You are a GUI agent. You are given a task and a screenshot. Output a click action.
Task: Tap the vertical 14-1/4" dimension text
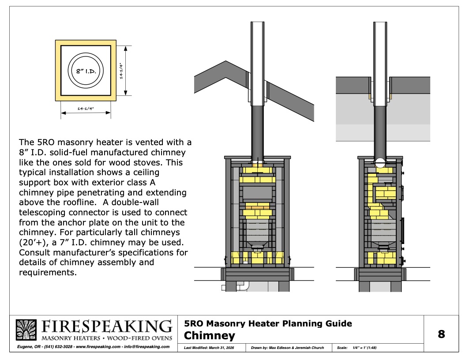pos(121,70)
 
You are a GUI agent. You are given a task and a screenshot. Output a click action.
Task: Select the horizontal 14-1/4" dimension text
pos(86,108)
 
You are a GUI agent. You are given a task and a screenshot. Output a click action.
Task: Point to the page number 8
pos(441,334)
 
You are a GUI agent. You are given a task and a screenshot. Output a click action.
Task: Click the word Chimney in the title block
pos(209,336)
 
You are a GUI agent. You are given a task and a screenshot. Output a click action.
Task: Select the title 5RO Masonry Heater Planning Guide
pos(268,324)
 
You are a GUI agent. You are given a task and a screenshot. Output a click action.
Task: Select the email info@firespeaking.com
pos(148,347)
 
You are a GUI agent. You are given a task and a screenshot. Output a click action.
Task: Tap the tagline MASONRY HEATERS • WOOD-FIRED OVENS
pos(106,338)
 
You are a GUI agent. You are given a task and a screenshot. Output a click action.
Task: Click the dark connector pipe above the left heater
pos(257,132)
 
